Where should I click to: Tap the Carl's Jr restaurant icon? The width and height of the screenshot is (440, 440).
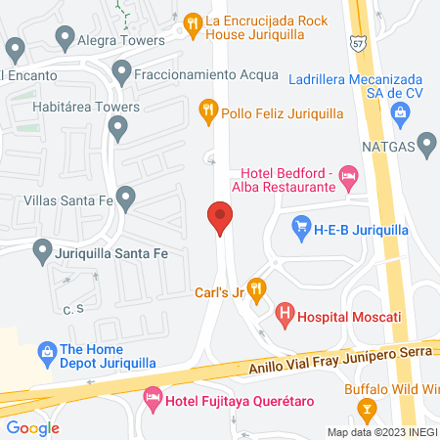click(x=256, y=286)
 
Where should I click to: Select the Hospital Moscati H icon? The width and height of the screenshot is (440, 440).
click(x=285, y=314)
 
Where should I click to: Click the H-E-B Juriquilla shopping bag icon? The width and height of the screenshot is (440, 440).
click(x=301, y=230)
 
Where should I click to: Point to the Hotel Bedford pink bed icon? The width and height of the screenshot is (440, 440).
click(x=348, y=177)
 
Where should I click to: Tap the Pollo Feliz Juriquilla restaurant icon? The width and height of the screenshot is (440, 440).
click(x=207, y=111)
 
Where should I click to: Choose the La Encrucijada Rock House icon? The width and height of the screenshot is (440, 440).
click(x=193, y=20)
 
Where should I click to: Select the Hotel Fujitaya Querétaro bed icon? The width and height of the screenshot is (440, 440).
click(x=153, y=398)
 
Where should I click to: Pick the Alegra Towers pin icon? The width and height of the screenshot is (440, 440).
click(x=66, y=38)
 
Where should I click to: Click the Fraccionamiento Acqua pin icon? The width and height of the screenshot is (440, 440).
click(x=121, y=70)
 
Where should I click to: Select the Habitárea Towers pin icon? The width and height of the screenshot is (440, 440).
click(x=118, y=126)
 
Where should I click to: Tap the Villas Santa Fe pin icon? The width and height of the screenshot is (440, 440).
click(x=124, y=197)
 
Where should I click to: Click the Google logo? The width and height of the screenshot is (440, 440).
click(x=32, y=427)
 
